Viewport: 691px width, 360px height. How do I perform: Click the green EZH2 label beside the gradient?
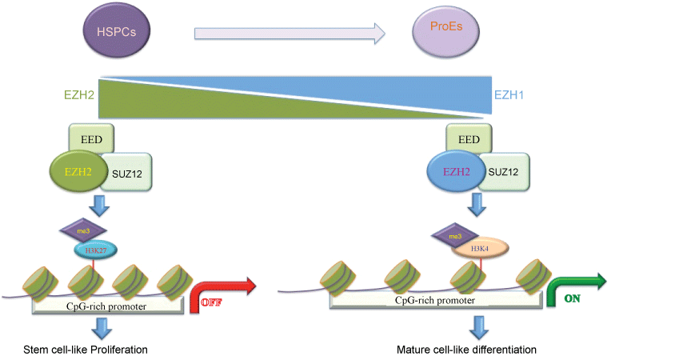tap(79, 94)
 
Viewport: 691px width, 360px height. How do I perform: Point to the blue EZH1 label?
tap(509, 94)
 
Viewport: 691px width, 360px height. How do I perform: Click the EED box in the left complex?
tap(91, 139)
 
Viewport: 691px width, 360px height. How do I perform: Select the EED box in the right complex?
tap(468, 139)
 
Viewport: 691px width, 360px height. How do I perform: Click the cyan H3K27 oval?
tap(96, 250)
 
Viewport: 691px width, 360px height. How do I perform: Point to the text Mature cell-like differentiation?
tap(466, 350)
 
